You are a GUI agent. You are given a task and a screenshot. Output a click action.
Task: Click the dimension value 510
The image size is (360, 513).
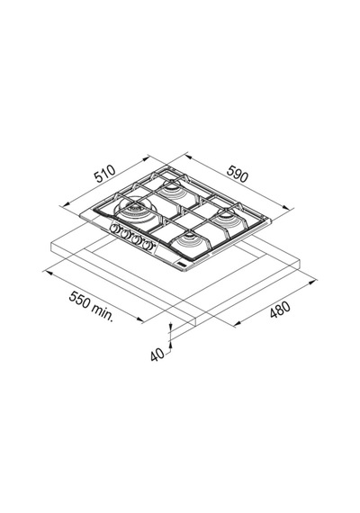coord(104,174)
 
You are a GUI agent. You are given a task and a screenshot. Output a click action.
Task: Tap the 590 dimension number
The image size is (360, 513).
coord(238,174)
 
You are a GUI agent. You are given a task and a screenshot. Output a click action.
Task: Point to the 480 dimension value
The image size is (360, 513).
coord(280,310)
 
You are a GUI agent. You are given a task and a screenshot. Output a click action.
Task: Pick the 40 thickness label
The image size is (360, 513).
coord(157,355)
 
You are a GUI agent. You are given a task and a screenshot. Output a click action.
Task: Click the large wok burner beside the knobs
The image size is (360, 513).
coord(134,210)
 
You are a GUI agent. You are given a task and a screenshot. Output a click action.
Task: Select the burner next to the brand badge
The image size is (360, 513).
coord(189,241)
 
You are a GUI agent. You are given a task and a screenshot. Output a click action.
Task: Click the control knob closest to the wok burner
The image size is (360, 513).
coord(114,229)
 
